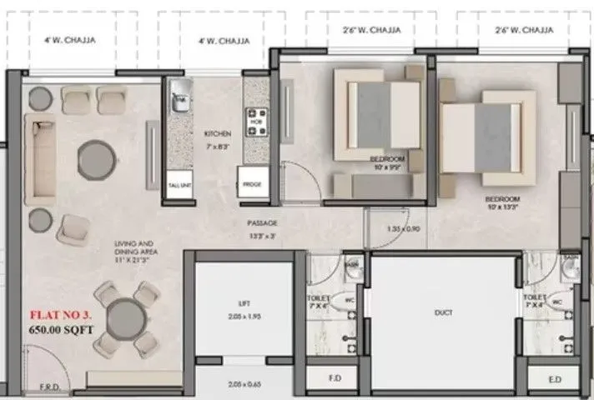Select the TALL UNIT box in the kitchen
[x=179, y=185]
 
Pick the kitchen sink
[x=179, y=102]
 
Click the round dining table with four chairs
[x=127, y=317]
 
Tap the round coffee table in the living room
[x=96, y=157]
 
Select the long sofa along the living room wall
[x=39, y=159]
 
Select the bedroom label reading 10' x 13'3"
[x=503, y=203]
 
